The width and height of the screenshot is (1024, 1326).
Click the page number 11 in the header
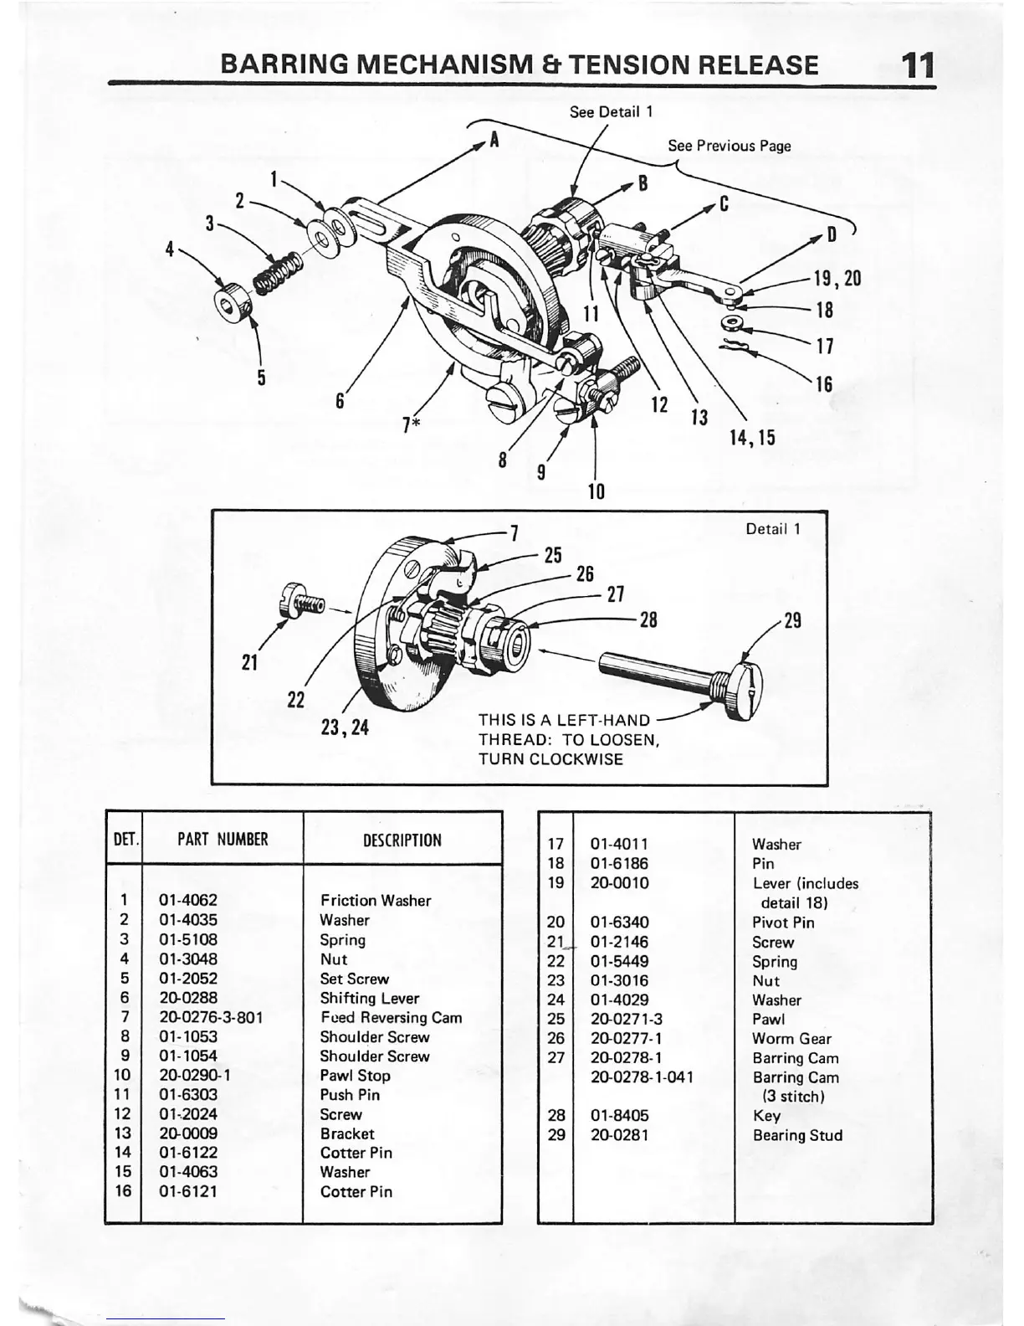[917, 64]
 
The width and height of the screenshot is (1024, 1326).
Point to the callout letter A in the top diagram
[494, 140]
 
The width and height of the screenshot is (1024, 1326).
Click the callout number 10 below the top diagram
[596, 491]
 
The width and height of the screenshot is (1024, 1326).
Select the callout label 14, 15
[752, 437]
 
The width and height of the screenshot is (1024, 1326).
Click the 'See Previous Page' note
[729, 146]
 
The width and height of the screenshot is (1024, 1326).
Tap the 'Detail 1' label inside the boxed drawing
[773, 529]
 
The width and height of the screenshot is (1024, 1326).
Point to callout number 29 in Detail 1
[792, 620]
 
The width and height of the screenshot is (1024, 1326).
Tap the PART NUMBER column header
[223, 840]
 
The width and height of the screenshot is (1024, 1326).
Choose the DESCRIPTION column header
[402, 840]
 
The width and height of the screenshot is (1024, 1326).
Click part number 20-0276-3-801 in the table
[211, 1018]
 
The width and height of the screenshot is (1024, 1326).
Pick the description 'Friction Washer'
[376, 901]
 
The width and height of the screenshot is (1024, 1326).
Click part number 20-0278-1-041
[642, 1077]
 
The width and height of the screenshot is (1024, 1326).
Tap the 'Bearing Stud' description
[797, 1135]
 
